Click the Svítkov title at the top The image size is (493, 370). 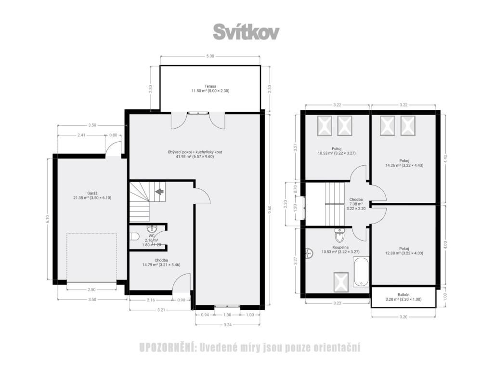[x=246, y=32]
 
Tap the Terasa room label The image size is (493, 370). [x=210, y=86]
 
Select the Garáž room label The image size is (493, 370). [x=92, y=193]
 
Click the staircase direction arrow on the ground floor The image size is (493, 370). [x=160, y=191]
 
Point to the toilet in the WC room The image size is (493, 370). [x=135, y=236]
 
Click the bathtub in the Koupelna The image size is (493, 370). [x=361, y=272]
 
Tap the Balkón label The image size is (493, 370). [x=403, y=295]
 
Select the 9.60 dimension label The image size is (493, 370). [x=269, y=210]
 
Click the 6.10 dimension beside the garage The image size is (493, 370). [x=48, y=219]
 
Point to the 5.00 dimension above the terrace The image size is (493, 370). [x=210, y=56]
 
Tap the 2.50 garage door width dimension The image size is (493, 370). [x=91, y=290]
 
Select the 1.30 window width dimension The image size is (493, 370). [x=227, y=315]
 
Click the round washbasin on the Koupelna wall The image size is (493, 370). [x=309, y=252]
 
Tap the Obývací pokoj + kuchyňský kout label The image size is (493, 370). [x=195, y=152]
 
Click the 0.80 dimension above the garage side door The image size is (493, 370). [x=113, y=135]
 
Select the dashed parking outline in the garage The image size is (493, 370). [x=91, y=257]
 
